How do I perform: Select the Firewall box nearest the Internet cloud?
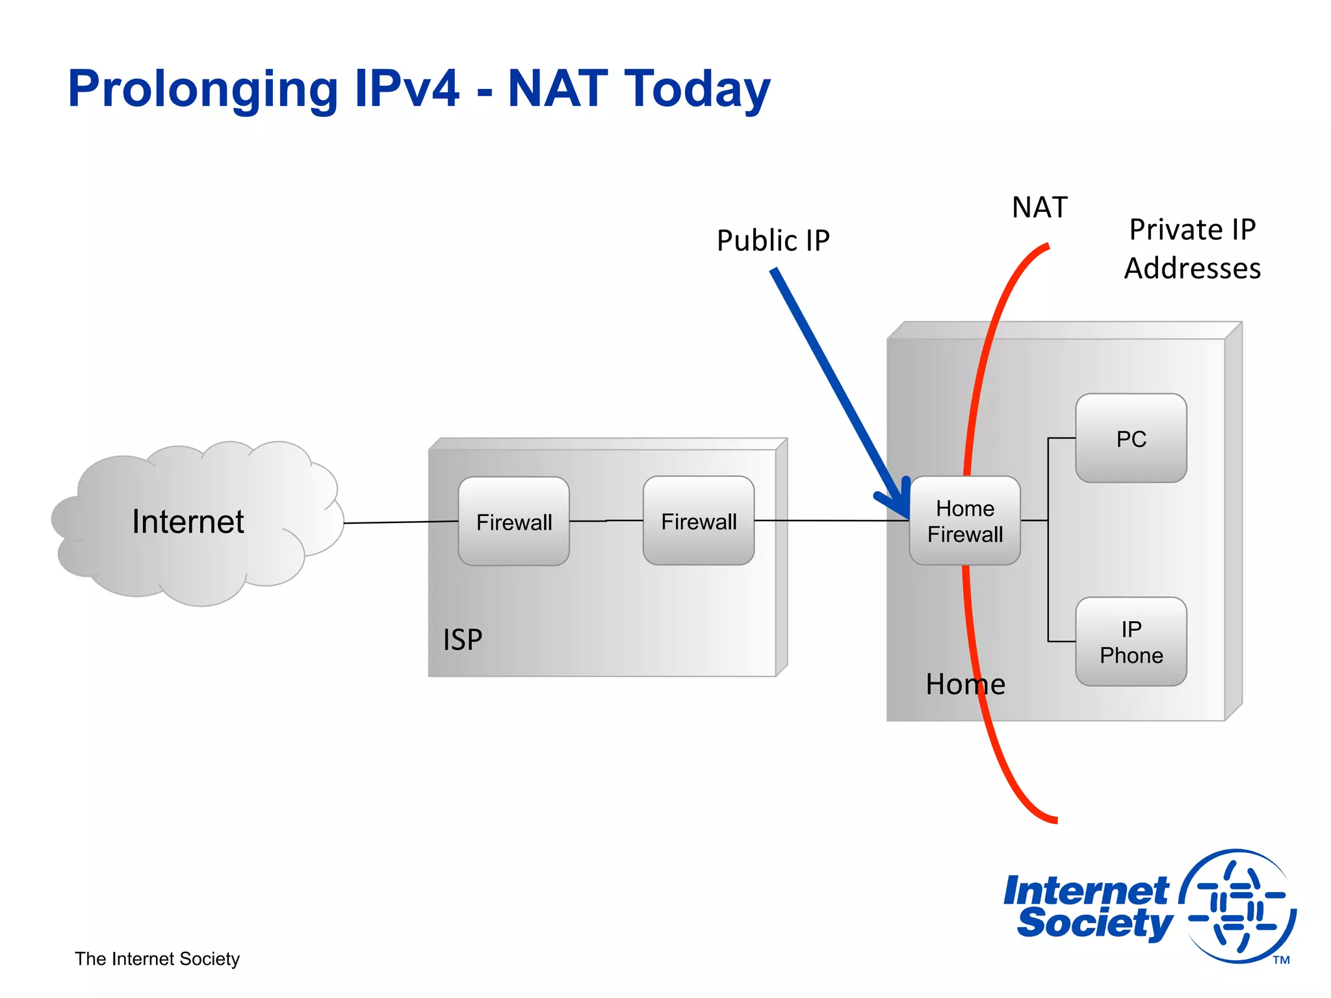pyautogui.click(x=513, y=522)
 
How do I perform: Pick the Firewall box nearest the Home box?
pyautogui.click(x=699, y=521)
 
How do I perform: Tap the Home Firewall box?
pyautogui.click(x=964, y=521)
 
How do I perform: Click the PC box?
pyautogui.click(x=1131, y=439)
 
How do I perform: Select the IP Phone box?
pyautogui.click(x=1131, y=642)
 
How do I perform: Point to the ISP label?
pyautogui.click(x=462, y=640)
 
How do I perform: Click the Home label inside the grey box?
pyautogui.click(x=965, y=684)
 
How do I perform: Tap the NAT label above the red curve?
pyautogui.click(x=1039, y=208)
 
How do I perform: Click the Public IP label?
pyautogui.click(x=773, y=240)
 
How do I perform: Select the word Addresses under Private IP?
pyautogui.click(x=1192, y=268)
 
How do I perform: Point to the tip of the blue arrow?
pyautogui.click(x=907, y=517)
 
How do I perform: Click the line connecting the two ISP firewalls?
pyautogui.click(x=606, y=520)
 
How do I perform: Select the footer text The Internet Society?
pyautogui.click(x=157, y=959)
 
